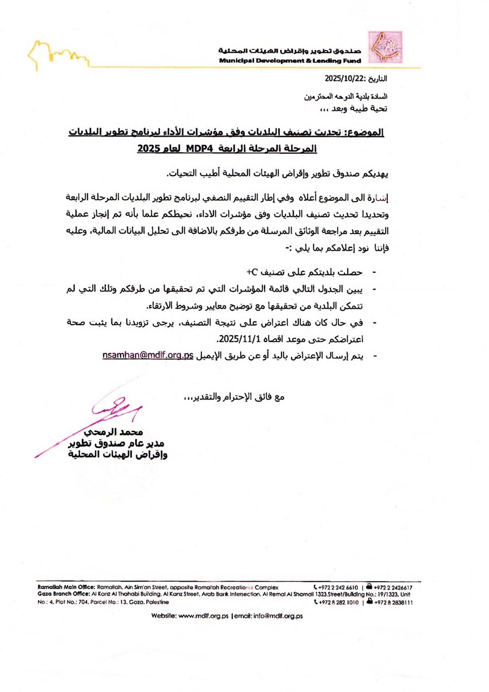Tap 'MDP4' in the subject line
click(x=202, y=147)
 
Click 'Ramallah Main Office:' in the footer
click(x=66, y=588)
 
